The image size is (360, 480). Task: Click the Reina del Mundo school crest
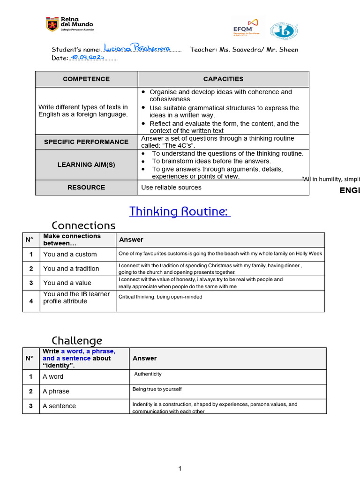pos(52,24)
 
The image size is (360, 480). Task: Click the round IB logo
pos(284,31)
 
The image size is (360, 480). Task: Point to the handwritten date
pos(87,57)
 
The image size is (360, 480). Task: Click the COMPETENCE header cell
pos(86,79)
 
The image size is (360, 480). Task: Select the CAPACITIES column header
pos(223,79)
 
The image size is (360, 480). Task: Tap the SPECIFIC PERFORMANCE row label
pos(86,142)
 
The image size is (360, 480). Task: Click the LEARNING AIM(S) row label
pos(86,165)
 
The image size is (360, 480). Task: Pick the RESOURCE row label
pos(86,187)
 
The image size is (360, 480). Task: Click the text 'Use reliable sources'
pos(171,187)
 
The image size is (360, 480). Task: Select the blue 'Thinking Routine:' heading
pos(180,211)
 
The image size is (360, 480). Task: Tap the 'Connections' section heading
pos(83,225)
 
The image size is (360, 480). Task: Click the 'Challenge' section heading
pos(76,340)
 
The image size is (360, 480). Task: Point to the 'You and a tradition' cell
pos(71,269)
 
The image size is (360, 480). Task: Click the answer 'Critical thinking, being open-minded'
pos(160,297)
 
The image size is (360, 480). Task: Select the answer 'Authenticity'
pos(148,374)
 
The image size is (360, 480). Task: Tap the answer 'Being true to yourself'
pos(157,389)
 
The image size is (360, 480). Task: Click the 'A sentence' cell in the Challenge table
pos(59,406)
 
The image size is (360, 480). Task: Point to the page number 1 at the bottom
pos(180,468)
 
